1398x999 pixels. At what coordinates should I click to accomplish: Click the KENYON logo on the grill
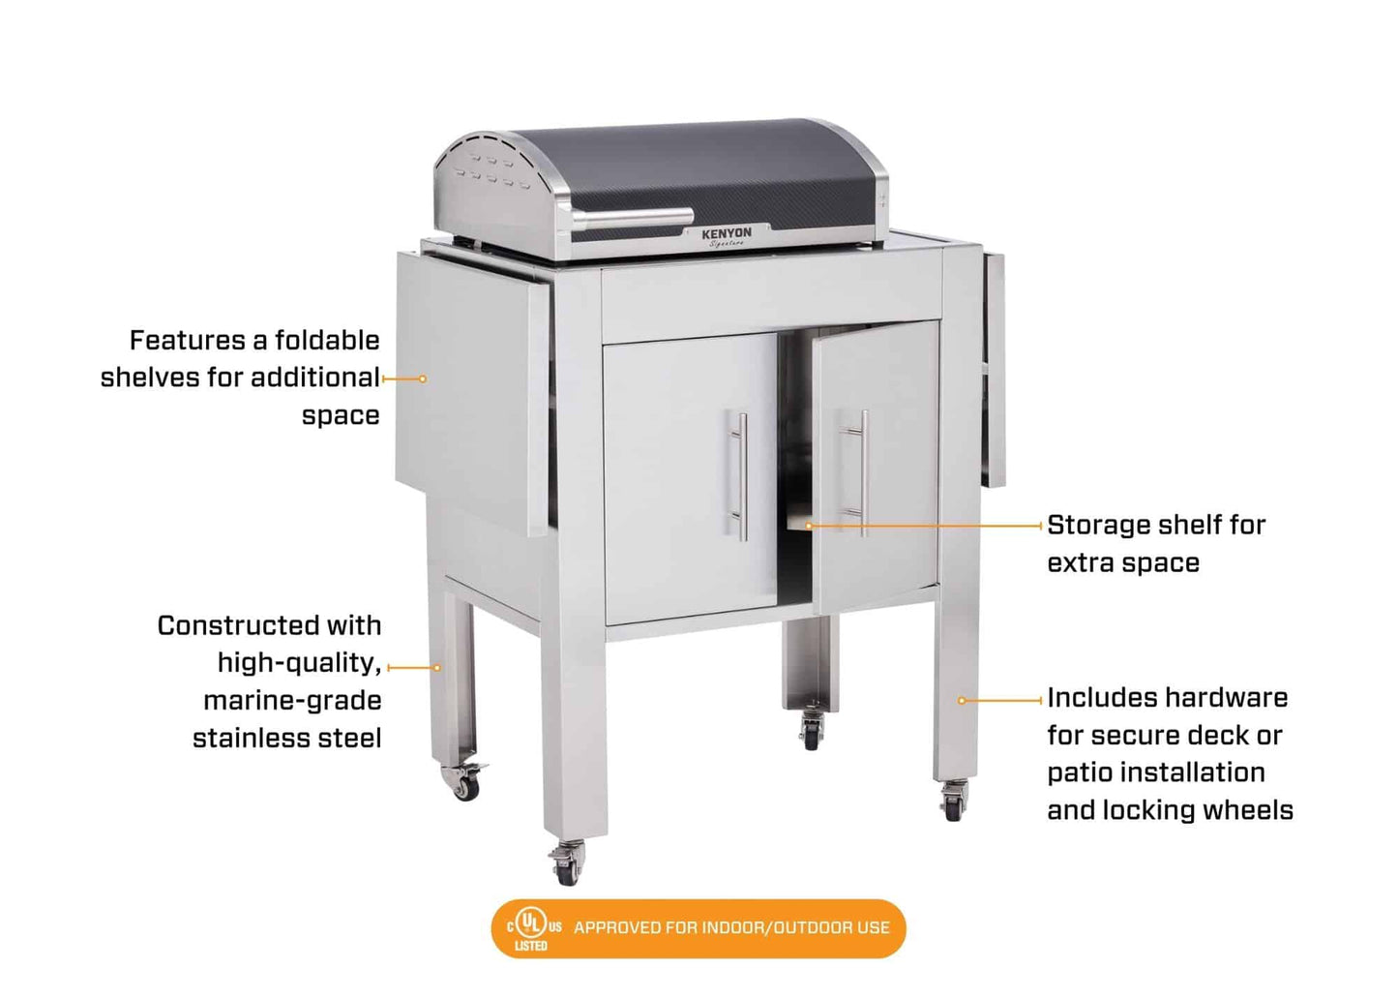click(727, 233)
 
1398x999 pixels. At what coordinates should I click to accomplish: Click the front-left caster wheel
click(567, 863)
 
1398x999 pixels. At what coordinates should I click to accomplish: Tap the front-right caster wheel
click(954, 803)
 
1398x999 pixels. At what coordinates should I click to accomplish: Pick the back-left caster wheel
click(464, 782)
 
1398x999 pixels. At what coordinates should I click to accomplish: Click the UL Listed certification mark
click(530, 927)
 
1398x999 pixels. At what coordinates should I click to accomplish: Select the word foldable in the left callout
click(327, 341)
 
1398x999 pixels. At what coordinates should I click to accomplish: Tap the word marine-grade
click(292, 701)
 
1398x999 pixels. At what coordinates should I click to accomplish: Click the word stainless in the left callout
click(248, 739)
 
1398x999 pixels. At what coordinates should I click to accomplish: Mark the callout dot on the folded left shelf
click(423, 378)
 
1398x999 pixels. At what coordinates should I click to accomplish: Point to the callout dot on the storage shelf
click(809, 526)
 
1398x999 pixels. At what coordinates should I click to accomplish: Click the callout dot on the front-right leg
click(962, 700)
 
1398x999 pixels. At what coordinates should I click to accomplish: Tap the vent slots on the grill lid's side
click(492, 171)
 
